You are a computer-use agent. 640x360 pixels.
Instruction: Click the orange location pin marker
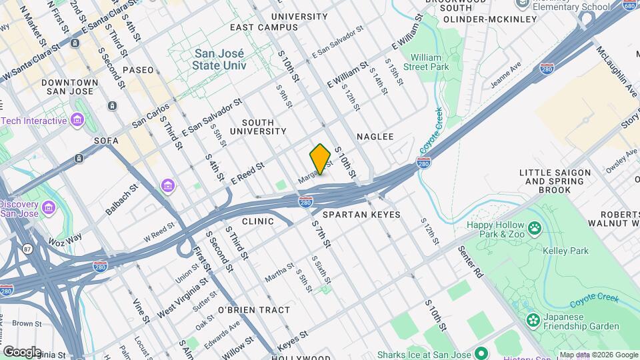point(320,159)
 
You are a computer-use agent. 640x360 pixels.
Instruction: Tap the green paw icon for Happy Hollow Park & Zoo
point(534,229)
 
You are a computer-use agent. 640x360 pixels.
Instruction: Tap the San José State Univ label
point(219,59)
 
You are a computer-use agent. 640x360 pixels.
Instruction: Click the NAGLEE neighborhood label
point(375,137)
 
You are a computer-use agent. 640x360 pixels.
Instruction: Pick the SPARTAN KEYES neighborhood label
point(361,215)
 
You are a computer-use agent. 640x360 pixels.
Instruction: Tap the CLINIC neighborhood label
point(258,221)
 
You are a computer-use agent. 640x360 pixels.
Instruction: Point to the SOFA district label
point(106,141)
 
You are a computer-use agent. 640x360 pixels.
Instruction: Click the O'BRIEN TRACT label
point(254,310)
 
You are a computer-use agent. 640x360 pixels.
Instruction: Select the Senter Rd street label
point(470,262)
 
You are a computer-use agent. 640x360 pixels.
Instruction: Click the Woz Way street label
point(65,238)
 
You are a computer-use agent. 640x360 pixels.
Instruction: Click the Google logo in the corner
point(21,351)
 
